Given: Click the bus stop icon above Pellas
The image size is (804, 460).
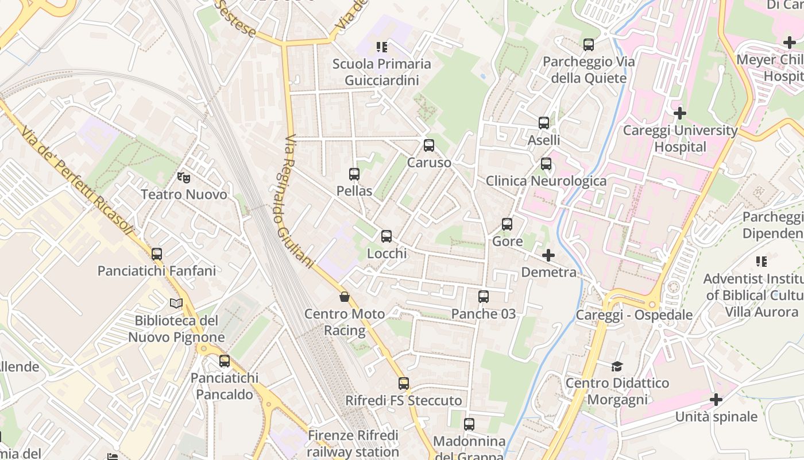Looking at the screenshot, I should tap(354, 174).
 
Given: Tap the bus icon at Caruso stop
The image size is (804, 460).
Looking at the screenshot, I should tap(429, 145).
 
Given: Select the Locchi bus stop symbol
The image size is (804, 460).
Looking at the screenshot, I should tap(386, 236).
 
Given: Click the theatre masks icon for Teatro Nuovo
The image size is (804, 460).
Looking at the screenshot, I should tap(184, 178).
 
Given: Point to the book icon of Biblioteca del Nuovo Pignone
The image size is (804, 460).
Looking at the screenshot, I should tap(176, 303).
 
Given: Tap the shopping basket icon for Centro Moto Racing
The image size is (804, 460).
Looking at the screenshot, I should tap(345, 297).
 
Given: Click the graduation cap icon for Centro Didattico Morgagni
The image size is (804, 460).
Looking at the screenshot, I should tap(617, 366).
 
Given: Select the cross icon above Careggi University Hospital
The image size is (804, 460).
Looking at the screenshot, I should tap(680, 113).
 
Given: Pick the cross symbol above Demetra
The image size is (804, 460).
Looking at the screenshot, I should tap(548, 255).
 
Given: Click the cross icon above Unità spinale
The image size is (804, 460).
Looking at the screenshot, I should tap(716, 399).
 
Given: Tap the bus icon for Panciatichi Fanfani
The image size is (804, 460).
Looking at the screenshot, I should tap(157, 254).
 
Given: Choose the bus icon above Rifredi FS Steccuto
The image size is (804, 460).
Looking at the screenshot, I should tap(404, 384).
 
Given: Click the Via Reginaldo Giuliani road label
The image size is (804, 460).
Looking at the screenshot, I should tap(299, 201).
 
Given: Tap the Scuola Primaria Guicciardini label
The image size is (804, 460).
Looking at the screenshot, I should tap(382, 72).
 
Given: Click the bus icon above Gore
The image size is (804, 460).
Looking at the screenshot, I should tap(507, 224).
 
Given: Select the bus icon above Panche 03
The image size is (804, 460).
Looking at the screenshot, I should tap(484, 297).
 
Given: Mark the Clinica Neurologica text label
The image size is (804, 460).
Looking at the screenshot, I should tap(546, 181).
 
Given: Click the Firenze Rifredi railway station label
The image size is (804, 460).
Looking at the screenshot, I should tap(353, 443).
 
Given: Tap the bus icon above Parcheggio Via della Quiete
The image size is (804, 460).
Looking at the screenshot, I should tap(589, 45).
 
